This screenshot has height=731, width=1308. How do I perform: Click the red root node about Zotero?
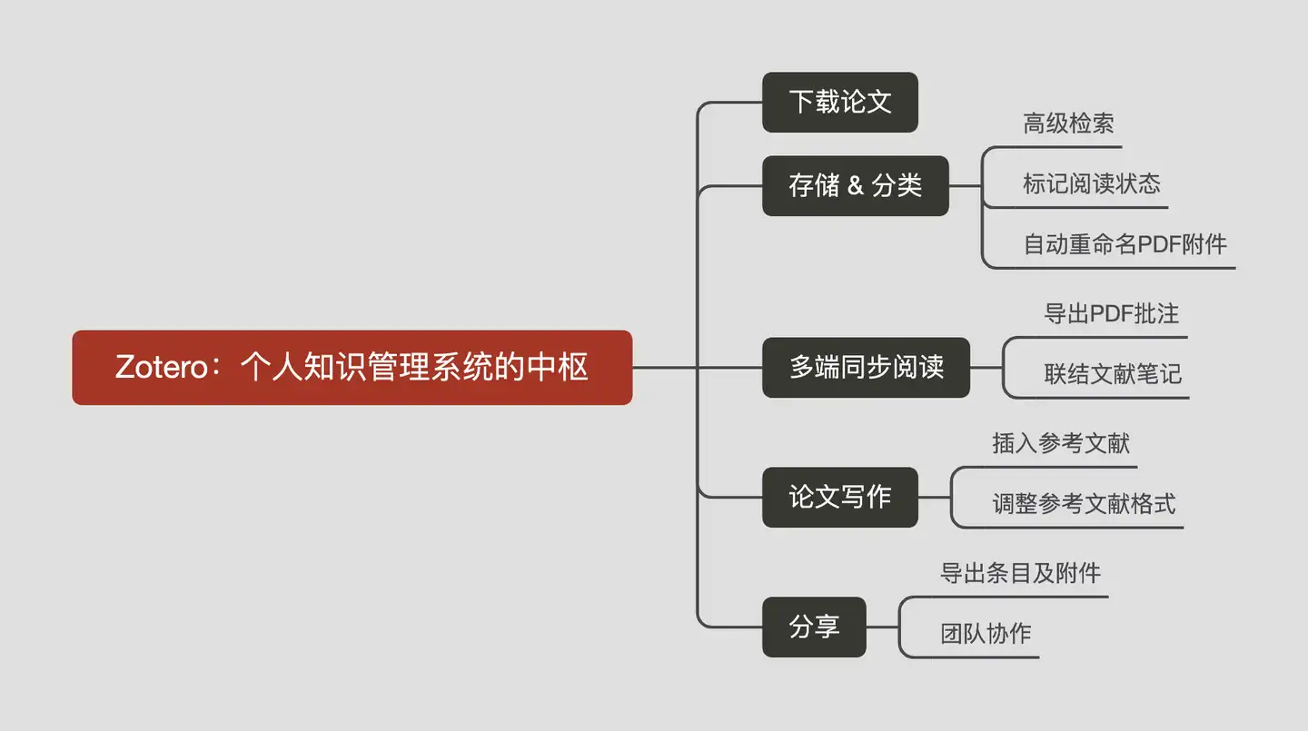352,367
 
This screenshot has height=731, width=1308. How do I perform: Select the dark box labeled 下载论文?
839,102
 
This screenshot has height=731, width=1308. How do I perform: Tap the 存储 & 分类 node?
855,185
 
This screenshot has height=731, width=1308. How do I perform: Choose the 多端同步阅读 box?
866,367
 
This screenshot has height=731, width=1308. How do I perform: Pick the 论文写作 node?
839,497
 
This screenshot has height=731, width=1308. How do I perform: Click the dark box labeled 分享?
814,627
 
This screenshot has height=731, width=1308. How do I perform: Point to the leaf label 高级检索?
1068,124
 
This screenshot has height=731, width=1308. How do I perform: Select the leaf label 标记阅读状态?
1091,184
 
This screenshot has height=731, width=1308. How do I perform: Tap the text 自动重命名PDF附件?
1125,244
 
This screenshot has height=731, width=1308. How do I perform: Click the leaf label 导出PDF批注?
1111,314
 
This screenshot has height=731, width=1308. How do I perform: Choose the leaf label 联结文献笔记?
1112,374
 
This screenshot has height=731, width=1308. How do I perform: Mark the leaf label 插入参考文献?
1060,443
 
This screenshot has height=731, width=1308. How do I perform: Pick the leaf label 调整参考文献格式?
1084,504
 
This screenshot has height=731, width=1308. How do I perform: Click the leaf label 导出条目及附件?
1020,573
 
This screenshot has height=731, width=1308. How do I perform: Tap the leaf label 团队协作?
986,634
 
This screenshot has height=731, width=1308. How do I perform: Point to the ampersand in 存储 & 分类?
855,186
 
